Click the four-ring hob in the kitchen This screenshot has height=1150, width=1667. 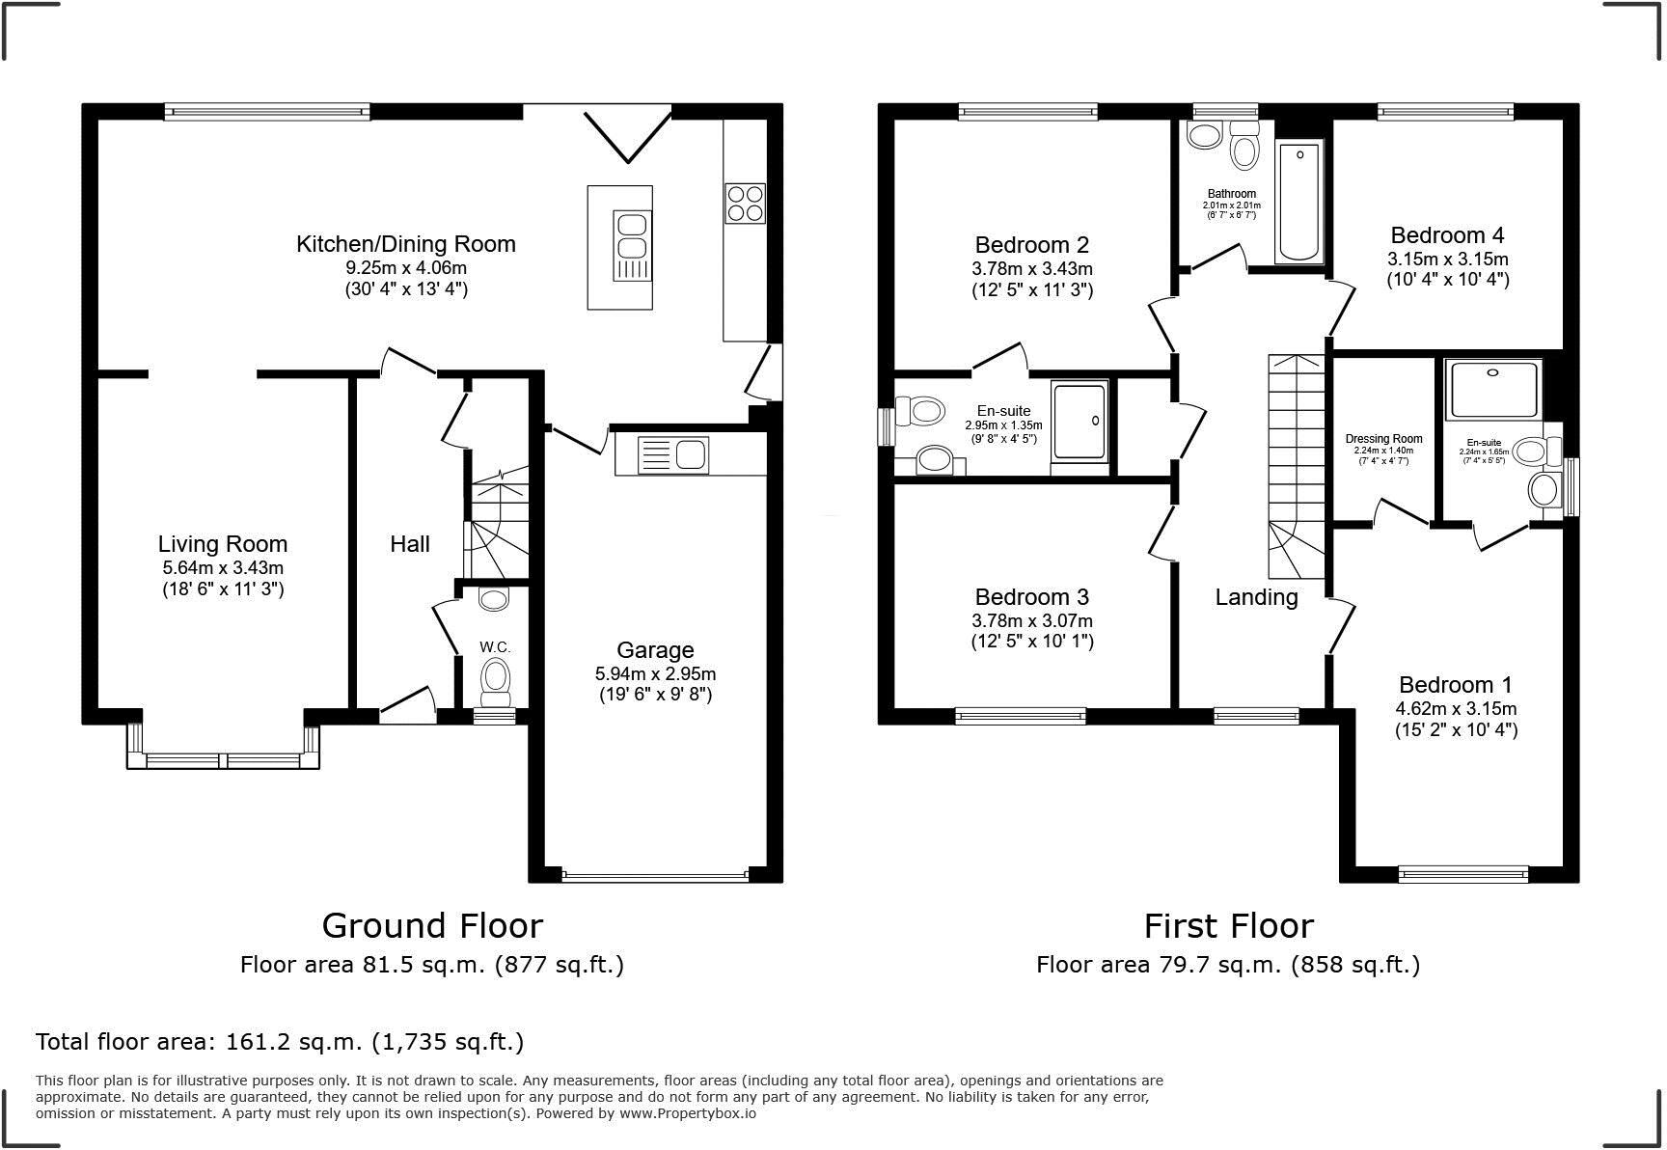click(745, 203)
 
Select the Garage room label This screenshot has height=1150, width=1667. click(655, 650)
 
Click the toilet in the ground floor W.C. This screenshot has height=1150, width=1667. click(496, 678)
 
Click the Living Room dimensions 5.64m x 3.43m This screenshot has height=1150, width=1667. click(223, 568)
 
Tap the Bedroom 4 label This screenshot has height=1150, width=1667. click(1447, 235)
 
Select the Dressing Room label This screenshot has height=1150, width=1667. click(1383, 439)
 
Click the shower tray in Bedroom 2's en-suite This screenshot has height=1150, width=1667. click(1079, 421)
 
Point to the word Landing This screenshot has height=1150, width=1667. click(1256, 597)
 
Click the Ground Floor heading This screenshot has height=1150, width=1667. click(432, 926)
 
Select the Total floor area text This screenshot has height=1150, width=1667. click(280, 1042)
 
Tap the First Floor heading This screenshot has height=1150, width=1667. click(1228, 926)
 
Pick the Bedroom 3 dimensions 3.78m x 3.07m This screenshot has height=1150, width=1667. click(1032, 620)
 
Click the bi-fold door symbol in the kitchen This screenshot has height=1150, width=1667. click(627, 135)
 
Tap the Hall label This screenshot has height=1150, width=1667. click(410, 544)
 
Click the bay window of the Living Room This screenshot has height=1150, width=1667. click(223, 759)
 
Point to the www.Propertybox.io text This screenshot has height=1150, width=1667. click(688, 1113)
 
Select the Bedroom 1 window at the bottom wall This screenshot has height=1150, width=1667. click(1462, 874)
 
